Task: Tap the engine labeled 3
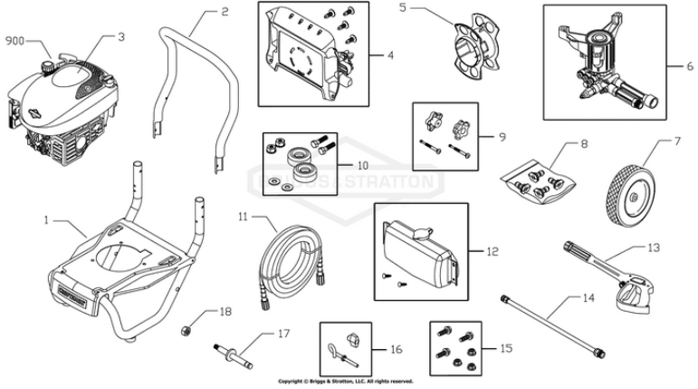63,100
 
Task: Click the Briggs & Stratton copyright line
346,382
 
